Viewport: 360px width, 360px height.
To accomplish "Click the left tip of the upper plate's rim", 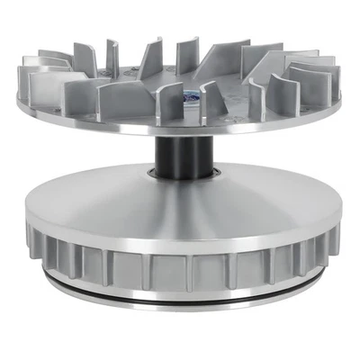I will (x=19, y=101).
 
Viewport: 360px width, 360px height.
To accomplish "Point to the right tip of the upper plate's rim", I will (x=339, y=101).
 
